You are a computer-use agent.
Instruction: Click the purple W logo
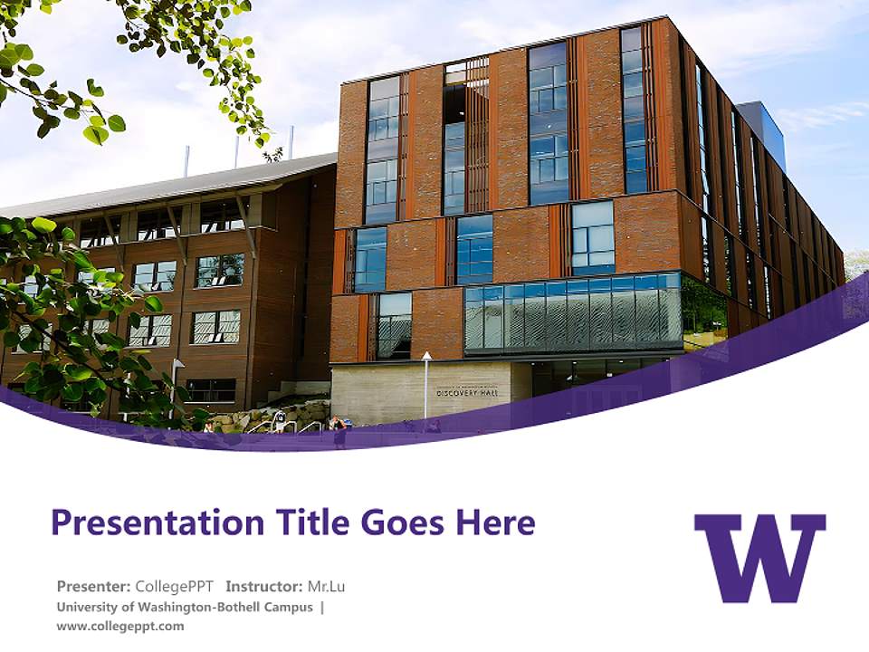759,557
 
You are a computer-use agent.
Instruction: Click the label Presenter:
93,586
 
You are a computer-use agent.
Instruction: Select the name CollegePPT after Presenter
174,586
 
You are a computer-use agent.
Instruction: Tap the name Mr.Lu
326,586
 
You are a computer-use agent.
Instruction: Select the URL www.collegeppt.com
119,626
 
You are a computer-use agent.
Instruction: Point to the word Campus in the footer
288,607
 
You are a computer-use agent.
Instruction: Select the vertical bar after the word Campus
322,607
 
